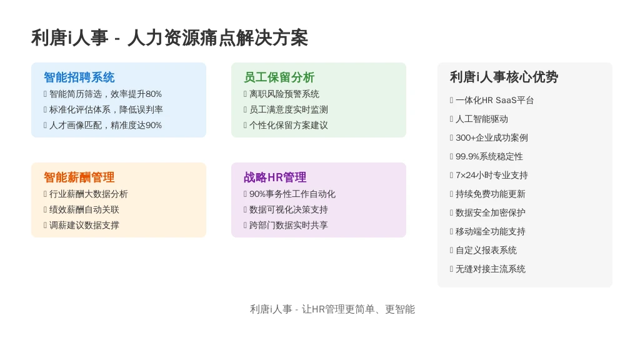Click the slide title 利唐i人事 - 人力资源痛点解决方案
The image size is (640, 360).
169,38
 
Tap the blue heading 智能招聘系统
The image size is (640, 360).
79,77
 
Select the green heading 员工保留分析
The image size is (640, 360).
279,77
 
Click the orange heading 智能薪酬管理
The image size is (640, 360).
79,177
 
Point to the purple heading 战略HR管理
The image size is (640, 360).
275,177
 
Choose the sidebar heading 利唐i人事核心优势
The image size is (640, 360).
504,77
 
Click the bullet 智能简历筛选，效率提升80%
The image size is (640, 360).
105,94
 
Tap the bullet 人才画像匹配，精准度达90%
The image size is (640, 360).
105,125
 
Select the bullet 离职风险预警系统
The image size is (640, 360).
284,94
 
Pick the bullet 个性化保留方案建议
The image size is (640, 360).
289,125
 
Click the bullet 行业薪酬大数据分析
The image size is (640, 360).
89,194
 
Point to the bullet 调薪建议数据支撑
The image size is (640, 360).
84,225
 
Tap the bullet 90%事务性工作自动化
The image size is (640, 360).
292,194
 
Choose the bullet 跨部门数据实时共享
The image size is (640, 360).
289,225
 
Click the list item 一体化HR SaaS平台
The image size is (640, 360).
495,101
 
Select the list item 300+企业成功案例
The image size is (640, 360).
492,138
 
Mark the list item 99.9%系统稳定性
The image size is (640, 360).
489,157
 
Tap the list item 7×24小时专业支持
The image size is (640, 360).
492,176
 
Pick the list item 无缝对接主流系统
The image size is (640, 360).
491,269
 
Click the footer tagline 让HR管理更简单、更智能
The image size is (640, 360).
358,309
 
